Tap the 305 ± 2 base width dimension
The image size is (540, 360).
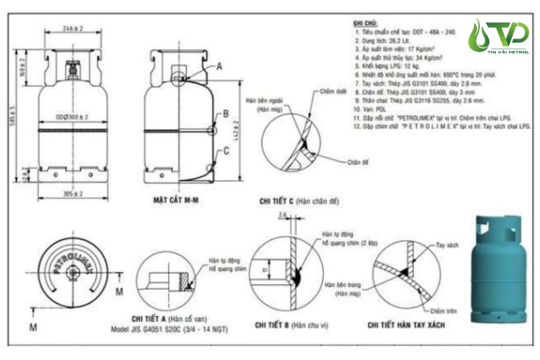(73, 194)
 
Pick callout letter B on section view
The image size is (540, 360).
(226, 113)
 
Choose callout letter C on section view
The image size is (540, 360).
(226, 151)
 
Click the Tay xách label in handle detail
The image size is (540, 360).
(447, 246)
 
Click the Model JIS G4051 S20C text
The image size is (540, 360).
(169, 329)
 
